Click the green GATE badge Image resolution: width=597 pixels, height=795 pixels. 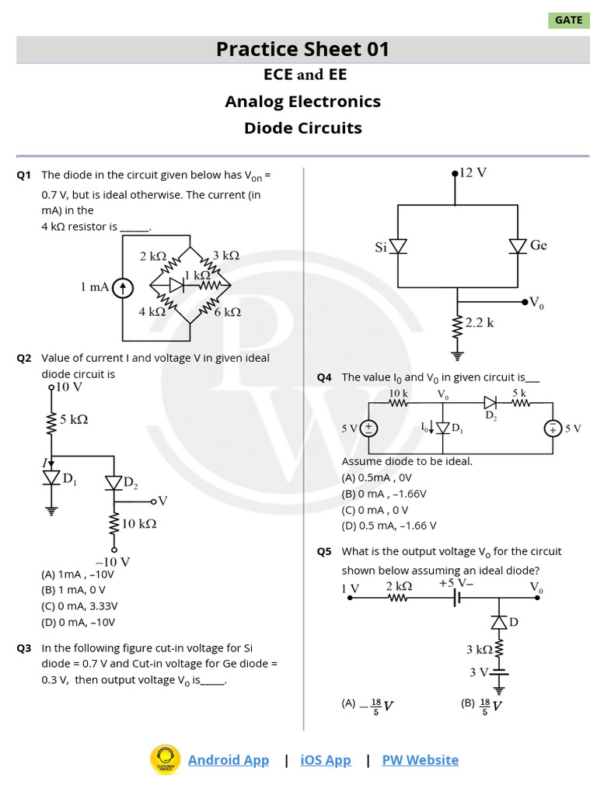(x=568, y=20)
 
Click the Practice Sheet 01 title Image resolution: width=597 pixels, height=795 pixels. (x=302, y=50)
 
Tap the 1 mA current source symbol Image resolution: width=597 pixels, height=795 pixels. (x=123, y=289)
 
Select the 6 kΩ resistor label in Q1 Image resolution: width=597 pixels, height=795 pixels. (x=227, y=312)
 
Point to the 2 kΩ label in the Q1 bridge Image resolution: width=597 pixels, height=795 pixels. (x=153, y=255)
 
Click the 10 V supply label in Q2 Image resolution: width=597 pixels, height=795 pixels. (x=68, y=387)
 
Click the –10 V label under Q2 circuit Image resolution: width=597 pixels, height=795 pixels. (x=113, y=561)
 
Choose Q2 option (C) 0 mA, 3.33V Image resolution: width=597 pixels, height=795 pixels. (x=80, y=606)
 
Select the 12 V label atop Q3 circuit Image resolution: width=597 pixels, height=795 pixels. (x=473, y=172)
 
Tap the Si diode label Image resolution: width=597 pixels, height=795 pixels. (x=381, y=247)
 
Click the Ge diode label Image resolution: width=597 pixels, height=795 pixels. (x=539, y=245)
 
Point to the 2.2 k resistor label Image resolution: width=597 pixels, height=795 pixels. (x=480, y=322)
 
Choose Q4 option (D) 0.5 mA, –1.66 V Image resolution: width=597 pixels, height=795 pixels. (x=389, y=526)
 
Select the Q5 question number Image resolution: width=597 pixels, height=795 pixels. (x=323, y=551)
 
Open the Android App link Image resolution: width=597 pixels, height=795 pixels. (x=229, y=760)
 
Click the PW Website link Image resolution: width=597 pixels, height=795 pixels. (x=420, y=760)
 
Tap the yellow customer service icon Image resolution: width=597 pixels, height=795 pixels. (x=166, y=759)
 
